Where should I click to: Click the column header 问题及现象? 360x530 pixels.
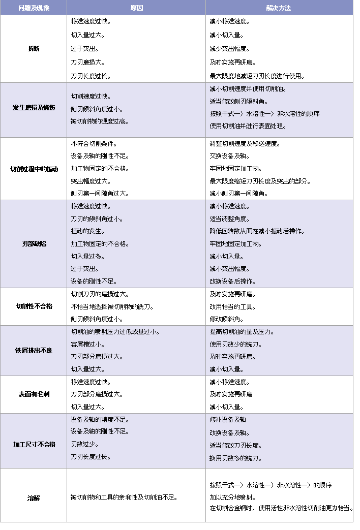(34, 8)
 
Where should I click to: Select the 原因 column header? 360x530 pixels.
(136, 8)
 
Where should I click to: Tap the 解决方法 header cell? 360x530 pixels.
(279, 8)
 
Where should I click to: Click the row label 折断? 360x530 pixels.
(34, 49)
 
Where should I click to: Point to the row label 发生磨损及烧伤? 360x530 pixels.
(34, 108)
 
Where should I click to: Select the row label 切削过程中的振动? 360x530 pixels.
(34, 169)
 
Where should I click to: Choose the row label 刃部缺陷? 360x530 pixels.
(34, 244)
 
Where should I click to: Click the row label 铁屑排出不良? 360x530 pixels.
(34, 351)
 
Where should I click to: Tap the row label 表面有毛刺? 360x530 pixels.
(34, 394)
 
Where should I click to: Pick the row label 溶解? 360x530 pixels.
(34, 498)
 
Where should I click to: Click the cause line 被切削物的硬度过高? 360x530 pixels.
(100, 121)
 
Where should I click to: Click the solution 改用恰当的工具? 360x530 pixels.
(233, 307)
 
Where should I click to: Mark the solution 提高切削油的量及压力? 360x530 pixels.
(242, 332)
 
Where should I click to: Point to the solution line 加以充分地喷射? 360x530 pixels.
(233, 497)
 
